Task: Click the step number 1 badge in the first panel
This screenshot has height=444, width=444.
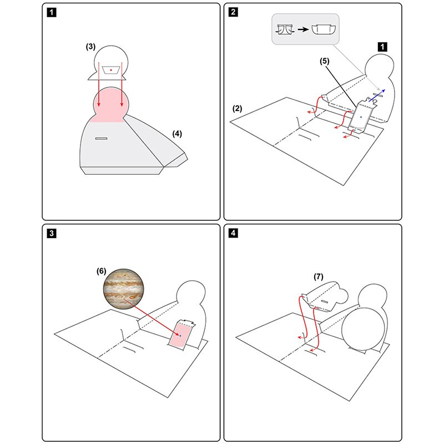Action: pos(52,12)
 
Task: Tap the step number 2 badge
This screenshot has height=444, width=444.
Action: pos(233,12)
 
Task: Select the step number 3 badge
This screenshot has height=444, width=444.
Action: pos(52,233)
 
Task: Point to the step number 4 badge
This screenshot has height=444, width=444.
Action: pos(233,233)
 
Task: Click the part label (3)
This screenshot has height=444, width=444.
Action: pos(90,47)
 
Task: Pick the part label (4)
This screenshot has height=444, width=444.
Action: pos(177,134)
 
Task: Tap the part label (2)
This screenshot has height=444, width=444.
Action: pos(238,108)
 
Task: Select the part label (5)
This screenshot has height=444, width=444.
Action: pos(325,61)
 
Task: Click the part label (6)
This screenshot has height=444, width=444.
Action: pos(102,271)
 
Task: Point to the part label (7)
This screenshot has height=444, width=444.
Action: pos(318,276)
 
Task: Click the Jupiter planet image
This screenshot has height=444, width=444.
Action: pos(124,289)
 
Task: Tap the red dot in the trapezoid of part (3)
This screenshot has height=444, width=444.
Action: pos(111,70)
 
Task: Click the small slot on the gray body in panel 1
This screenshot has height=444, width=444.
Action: pos(102,138)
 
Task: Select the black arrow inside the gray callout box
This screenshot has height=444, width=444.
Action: pos(303,29)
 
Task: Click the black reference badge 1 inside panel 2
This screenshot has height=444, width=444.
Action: pos(382,47)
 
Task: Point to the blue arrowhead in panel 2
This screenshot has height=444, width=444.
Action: pos(384,90)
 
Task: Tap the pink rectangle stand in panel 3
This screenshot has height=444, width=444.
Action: pos(180,335)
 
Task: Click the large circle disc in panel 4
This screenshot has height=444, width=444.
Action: pos(364,329)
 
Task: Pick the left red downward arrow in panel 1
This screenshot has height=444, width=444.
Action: pos(99,84)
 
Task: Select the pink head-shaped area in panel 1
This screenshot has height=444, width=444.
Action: pos(111,105)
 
